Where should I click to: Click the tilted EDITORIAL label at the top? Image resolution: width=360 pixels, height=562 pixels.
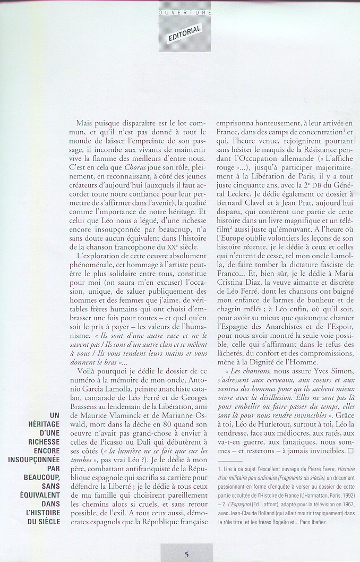tap(185, 34)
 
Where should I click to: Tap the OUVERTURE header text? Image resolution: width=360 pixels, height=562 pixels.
tap(185, 12)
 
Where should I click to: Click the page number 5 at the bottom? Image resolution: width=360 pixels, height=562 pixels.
tap(186, 555)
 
